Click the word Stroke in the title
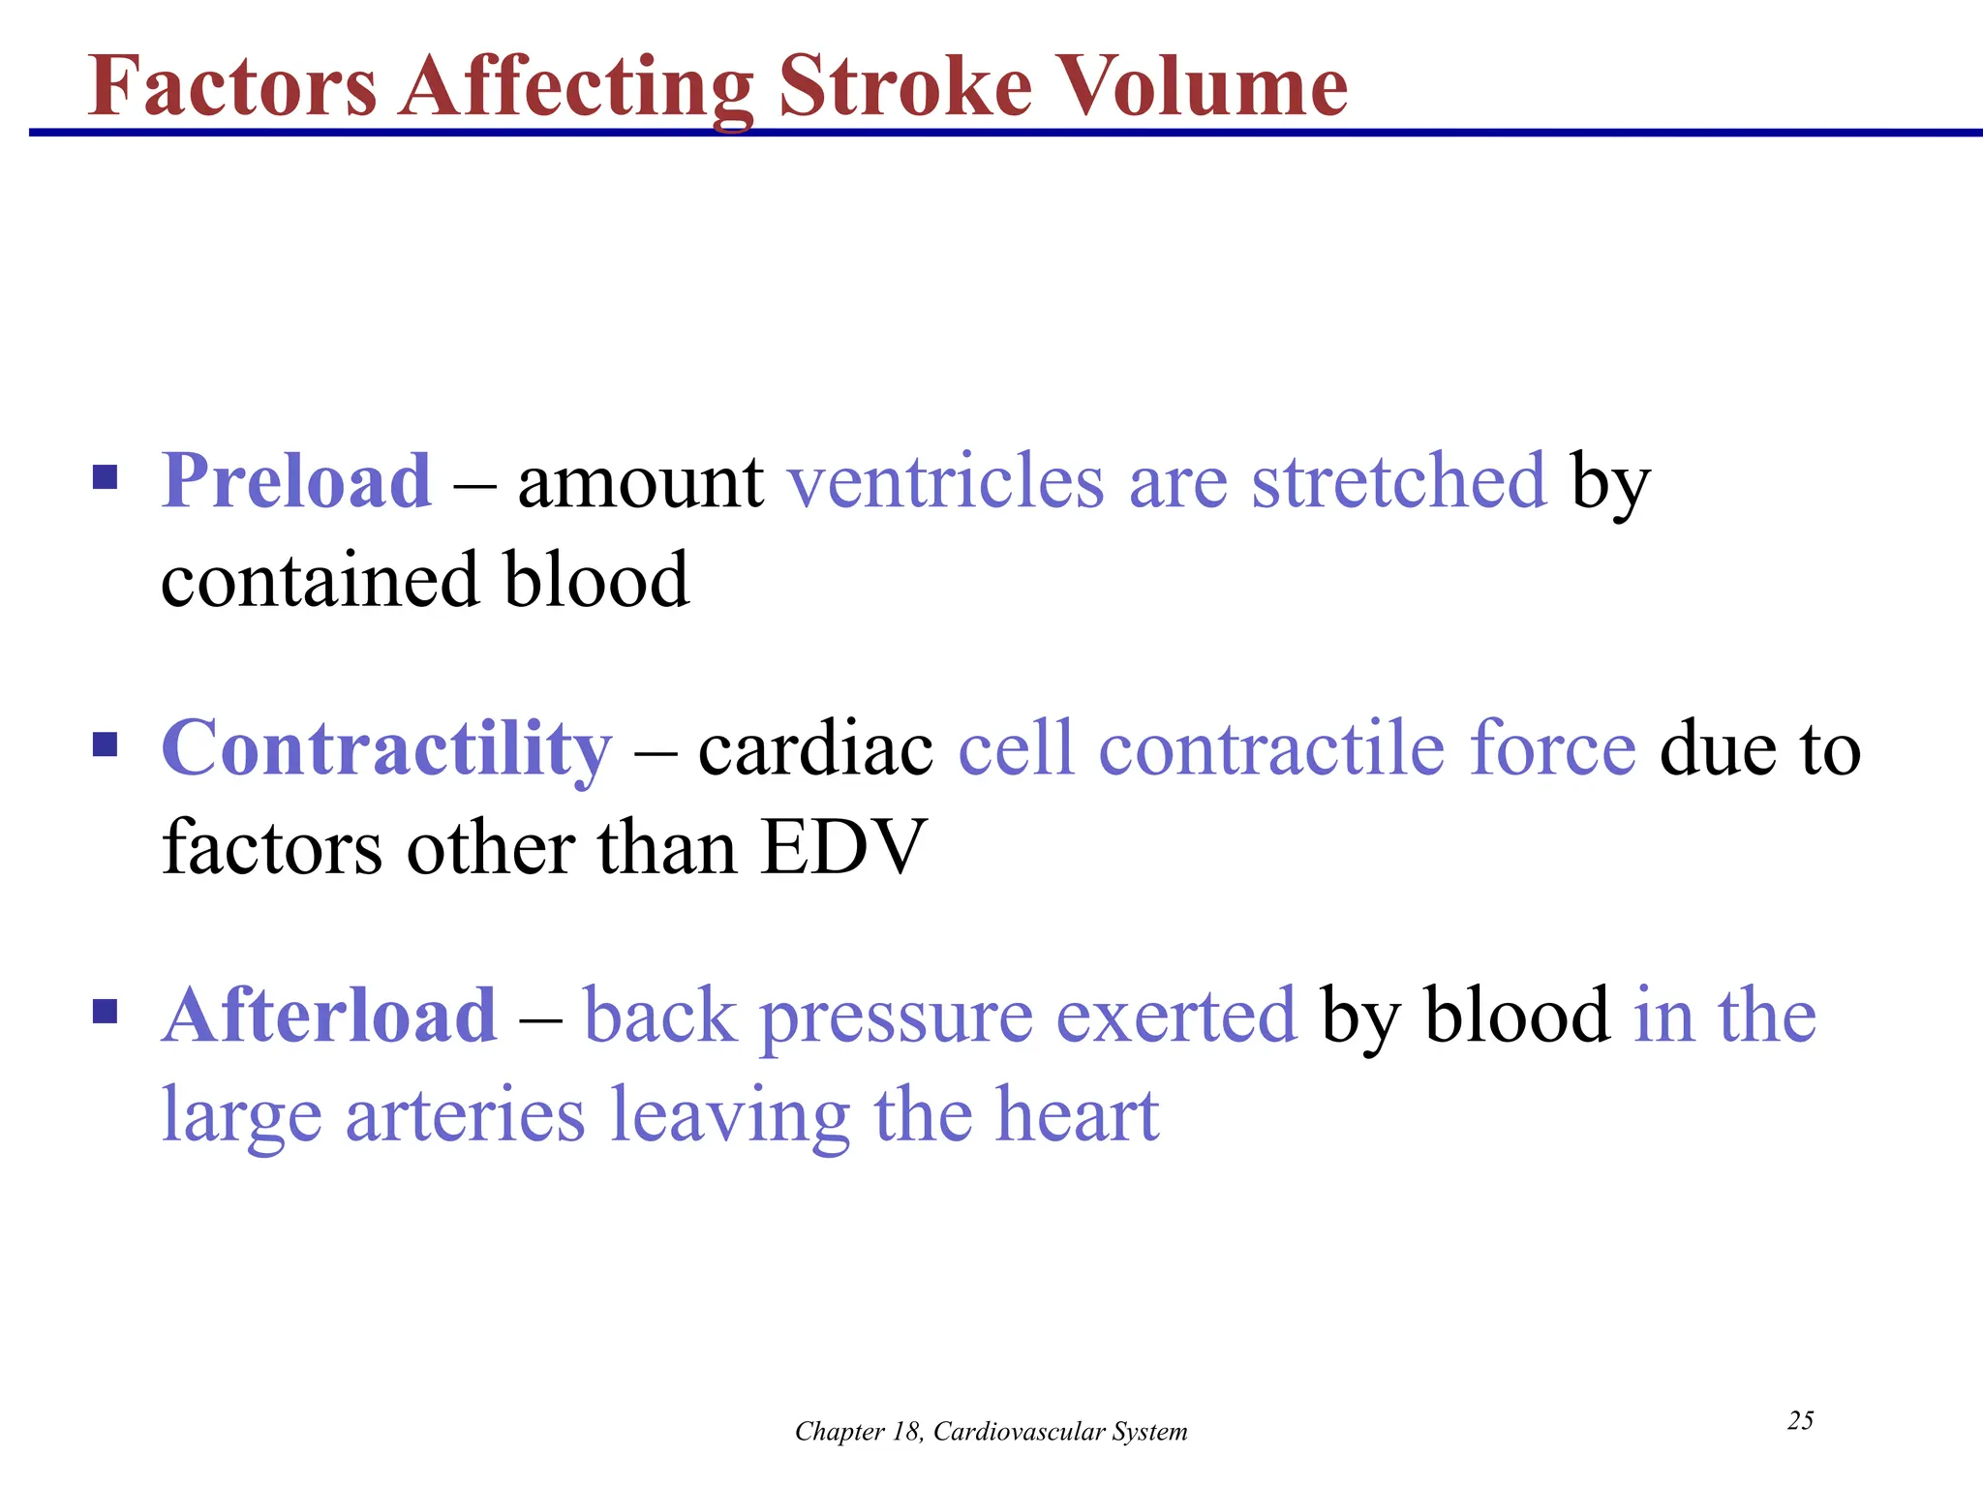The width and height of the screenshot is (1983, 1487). [905, 87]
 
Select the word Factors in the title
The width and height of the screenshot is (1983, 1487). [232, 87]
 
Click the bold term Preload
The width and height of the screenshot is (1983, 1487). [296, 481]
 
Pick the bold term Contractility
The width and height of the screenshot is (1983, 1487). [386, 748]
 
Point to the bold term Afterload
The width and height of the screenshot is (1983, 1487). [329, 1016]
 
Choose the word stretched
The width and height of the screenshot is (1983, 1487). [1399, 481]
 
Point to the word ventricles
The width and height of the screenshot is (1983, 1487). [945, 481]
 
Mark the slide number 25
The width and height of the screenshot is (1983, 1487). [1800, 1421]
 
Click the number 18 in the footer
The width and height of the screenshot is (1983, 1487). [905, 1432]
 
